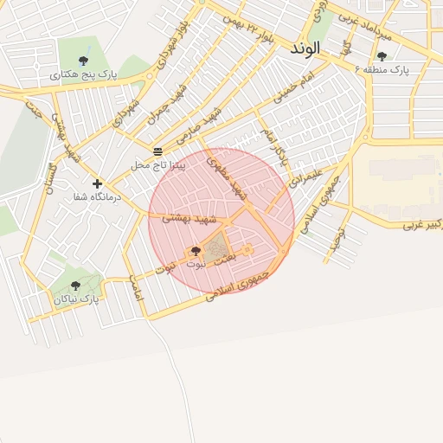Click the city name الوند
click(305, 49)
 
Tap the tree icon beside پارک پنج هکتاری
click(83, 61)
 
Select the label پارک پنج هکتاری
click(84, 75)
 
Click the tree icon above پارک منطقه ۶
click(382, 56)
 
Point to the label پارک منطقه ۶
click(382, 69)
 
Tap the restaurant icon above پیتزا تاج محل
click(157, 151)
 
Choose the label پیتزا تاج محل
click(158, 164)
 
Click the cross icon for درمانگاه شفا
click(97, 183)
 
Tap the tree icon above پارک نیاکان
click(75, 286)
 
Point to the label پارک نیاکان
click(77, 299)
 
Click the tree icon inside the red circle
click(195, 252)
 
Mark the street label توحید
click(338, 237)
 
